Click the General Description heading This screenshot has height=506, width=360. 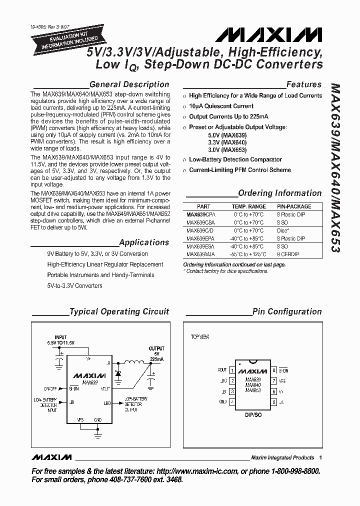(129, 84)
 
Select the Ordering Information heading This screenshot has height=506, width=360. (280, 193)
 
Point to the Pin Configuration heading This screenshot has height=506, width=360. (287, 311)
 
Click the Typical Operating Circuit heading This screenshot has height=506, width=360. (119, 311)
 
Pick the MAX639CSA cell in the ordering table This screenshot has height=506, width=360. (199, 222)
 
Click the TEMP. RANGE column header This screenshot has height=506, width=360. (248, 206)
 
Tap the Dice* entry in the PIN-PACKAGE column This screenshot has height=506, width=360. (283, 230)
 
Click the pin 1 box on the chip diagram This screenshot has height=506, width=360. (231, 370)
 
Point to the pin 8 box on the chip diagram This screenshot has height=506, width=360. (274, 370)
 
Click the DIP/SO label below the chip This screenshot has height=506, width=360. (253, 414)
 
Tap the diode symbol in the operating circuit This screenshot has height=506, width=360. (118, 373)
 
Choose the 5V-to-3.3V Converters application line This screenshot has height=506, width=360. (74, 286)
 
